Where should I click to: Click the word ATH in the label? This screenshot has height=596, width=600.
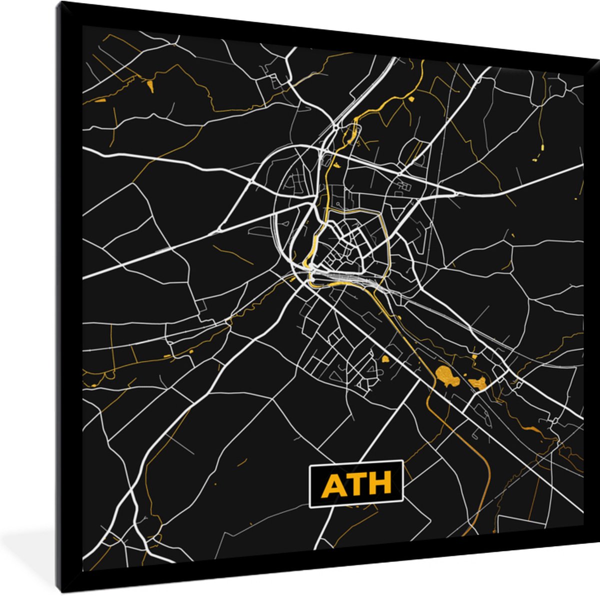pos(356,484)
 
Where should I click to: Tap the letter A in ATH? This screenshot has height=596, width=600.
pos(332,484)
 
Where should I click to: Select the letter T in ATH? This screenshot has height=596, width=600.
pos(355,484)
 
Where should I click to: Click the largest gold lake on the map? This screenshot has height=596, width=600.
pos(447,376)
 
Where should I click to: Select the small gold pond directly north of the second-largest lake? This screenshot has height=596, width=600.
pos(474,357)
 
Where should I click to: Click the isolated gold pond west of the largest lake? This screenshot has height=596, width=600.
pos(385,359)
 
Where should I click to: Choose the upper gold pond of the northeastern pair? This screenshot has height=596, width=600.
pos(542,146)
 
